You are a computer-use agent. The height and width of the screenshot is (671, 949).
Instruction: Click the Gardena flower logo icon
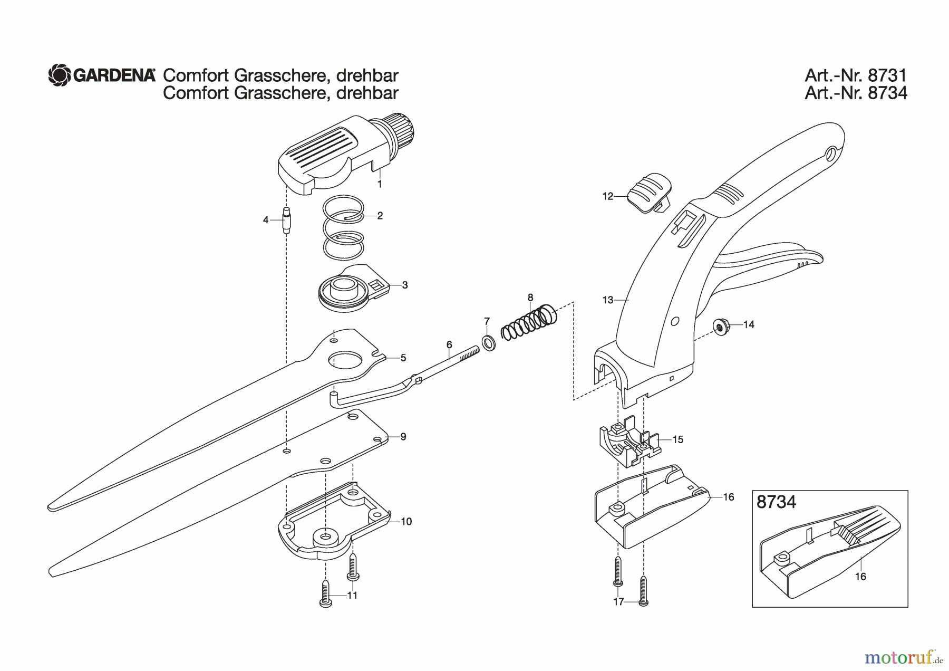pyautogui.click(x=59, y=75)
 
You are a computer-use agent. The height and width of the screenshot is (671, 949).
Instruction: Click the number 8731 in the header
pyautogui.click(x=888, y=75)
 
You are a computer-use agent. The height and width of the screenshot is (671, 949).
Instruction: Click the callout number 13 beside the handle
pyautogui.click(x=607, y=300)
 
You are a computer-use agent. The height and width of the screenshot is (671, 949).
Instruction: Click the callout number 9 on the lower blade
pyautogui.click(x=403, y=437)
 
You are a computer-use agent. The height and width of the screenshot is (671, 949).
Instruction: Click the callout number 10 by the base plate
pyautogui.click(x=406, y=522)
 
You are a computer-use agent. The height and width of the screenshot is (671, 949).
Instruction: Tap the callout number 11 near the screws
pyautogui.click(x=352, y=596)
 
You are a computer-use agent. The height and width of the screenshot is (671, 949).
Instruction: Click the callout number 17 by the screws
pyautogui.click(x=618, y=601)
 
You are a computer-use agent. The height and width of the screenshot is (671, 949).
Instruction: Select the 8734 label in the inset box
pyautogui.click(x=776, y=502)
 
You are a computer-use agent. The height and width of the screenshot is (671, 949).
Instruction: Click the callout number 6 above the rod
pyautogui.click(x=449, y=344)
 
